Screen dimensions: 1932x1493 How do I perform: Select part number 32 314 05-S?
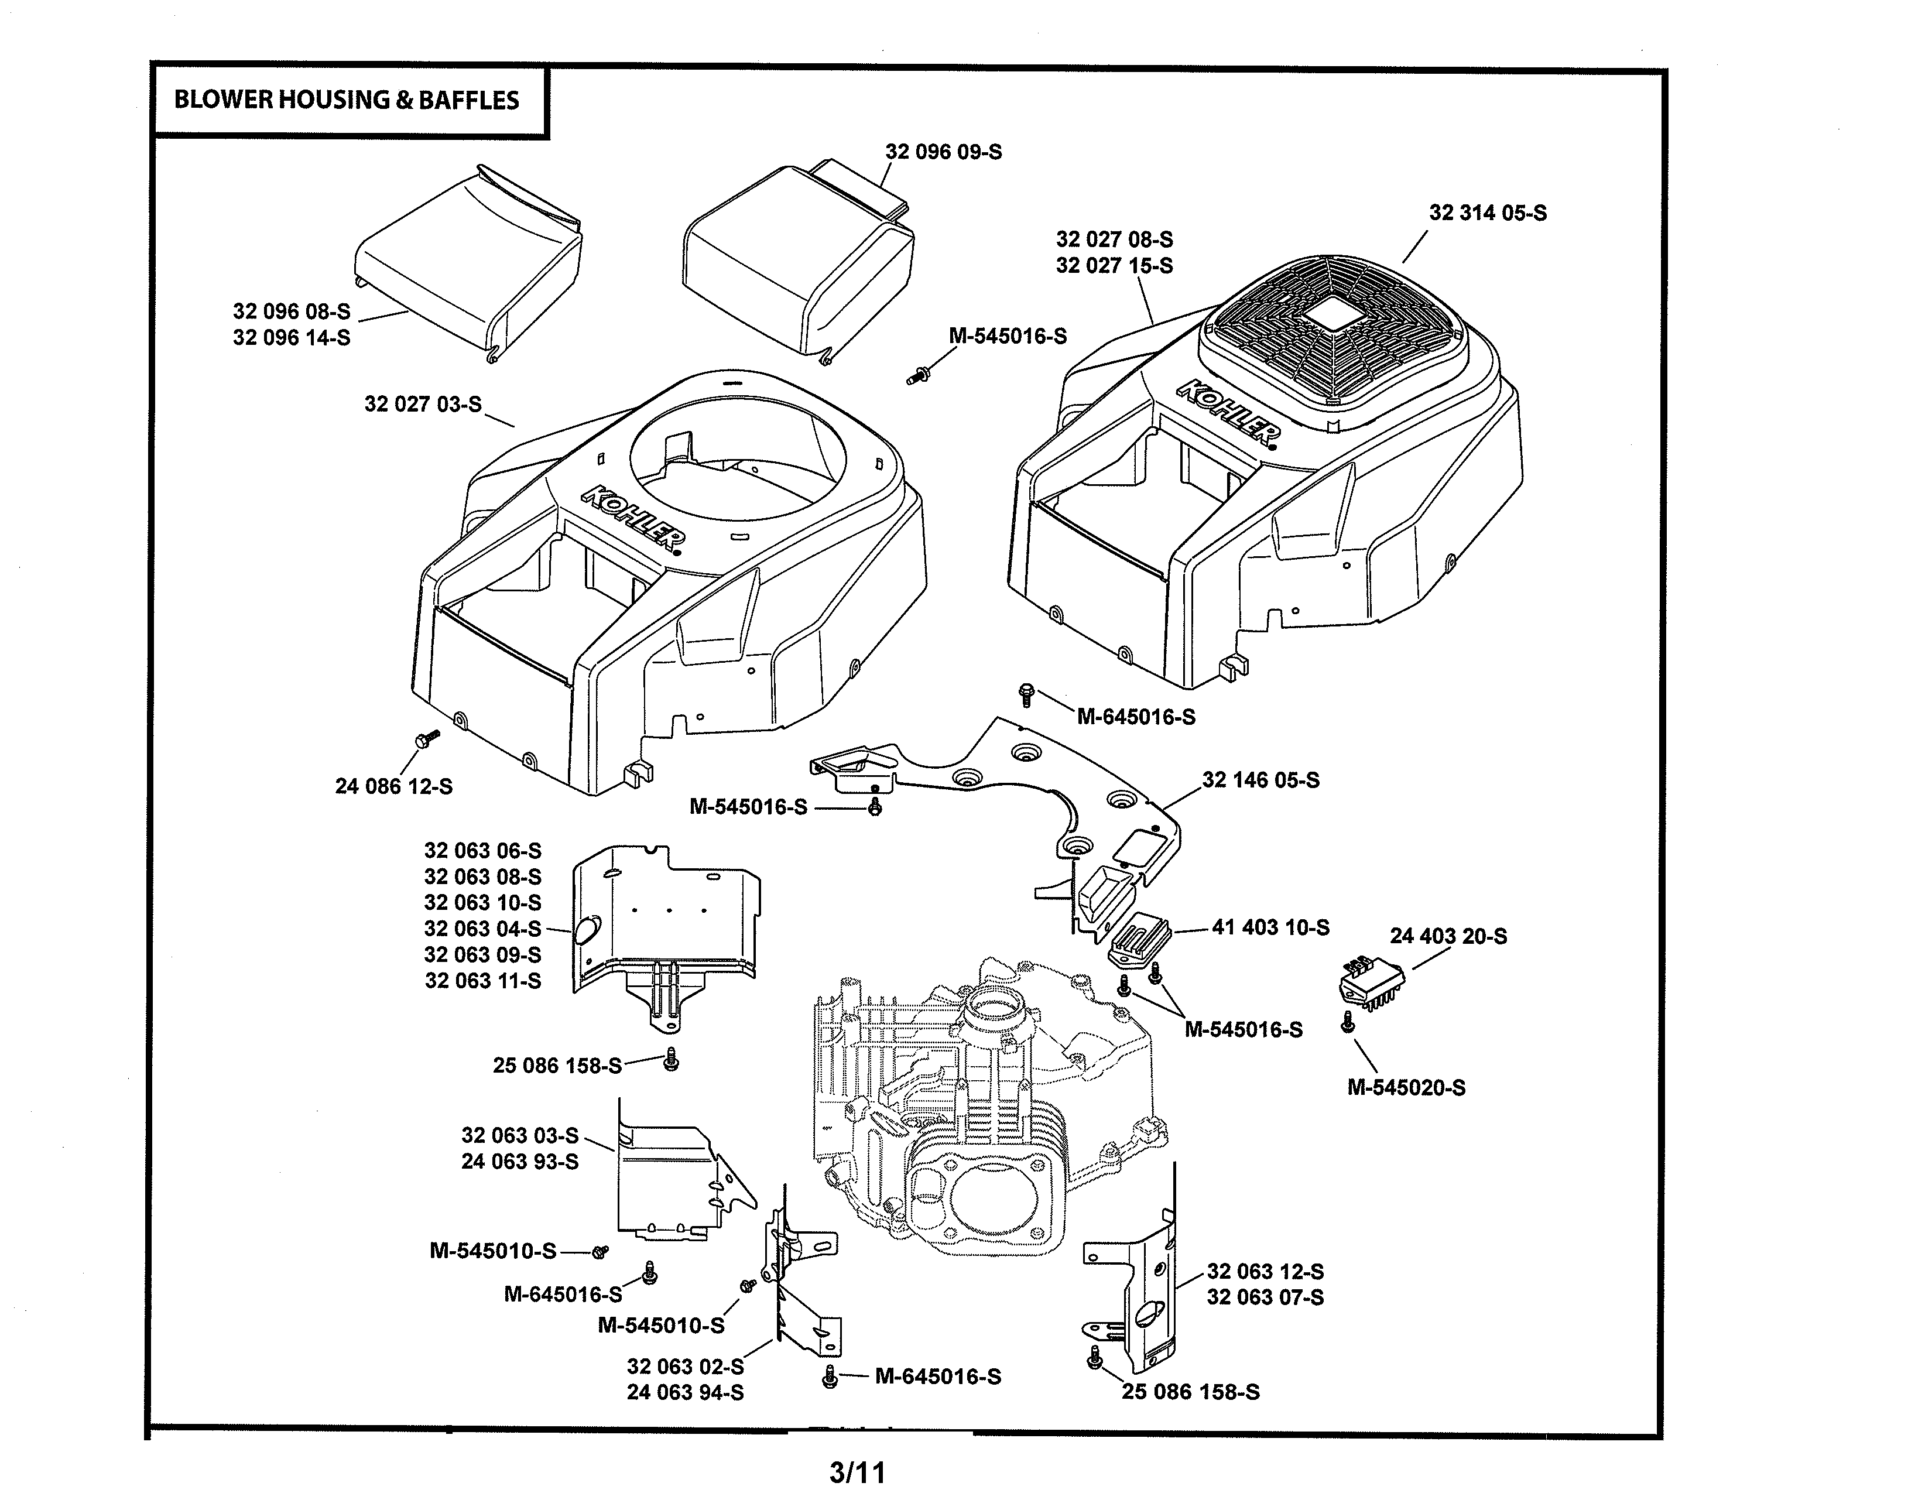(1488, 213)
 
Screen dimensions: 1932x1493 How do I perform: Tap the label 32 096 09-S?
(943, 152)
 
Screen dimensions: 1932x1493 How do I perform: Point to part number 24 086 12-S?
(393, 786)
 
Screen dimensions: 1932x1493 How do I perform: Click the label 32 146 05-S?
(1260, 780)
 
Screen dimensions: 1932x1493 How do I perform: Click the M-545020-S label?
(1406, 1088)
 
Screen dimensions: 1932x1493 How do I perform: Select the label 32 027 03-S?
(423, 404)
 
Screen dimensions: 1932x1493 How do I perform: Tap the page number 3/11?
(857, 1473)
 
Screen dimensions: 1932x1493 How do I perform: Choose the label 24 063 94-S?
(685, 1392)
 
